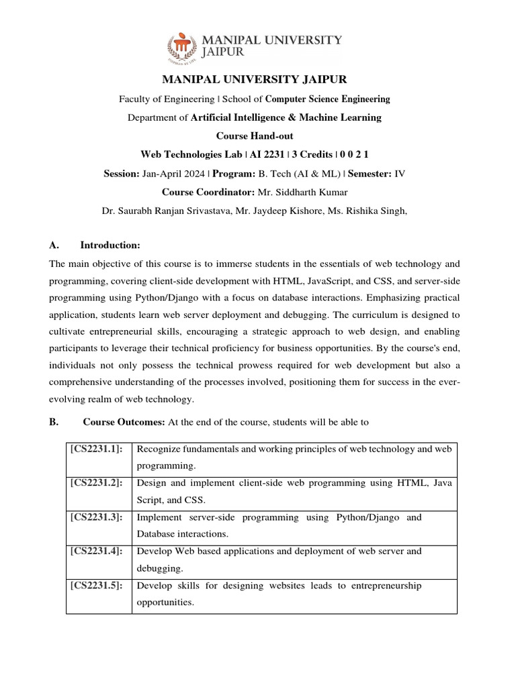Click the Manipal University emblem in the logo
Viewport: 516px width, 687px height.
(183, 47)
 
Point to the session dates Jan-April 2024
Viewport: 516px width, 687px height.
(173, 173)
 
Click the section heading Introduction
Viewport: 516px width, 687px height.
(111, 245)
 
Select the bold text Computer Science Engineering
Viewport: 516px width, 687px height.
(327, 99)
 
